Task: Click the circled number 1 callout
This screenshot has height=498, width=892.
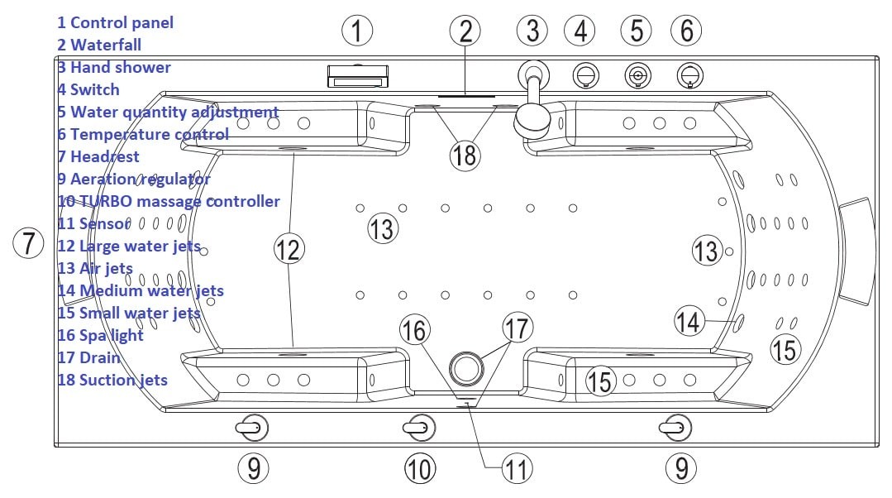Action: [x=357, y=31]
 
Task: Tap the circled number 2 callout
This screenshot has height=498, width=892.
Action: [x=465, y=31]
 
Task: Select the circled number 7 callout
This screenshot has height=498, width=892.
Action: [x=28, y=243]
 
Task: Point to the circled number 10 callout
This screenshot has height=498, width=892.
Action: [x=420, y=469]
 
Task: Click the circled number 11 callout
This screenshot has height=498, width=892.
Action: [x=518, y=470]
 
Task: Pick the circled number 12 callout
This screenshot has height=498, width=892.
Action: [x=289, y=249]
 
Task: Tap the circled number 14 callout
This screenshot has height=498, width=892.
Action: [x=689, y=321]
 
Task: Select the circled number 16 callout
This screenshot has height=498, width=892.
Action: [x=415, y=329]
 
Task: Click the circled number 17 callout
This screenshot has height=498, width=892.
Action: [x=518, y=328]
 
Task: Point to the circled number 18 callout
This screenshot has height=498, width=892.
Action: [x=465, y=155]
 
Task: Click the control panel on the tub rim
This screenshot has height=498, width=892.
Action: [x=358, y=76]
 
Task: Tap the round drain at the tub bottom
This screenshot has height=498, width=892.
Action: [x=466, y=368]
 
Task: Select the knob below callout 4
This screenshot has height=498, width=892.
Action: [x=585, y=75]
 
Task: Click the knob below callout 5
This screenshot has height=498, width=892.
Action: [x=637, y=75]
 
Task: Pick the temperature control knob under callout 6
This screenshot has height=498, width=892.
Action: [x=690, y=75]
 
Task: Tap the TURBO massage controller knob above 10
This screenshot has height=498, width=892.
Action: [x=419, y=428]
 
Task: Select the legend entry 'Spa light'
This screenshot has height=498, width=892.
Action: [x=111, y=336]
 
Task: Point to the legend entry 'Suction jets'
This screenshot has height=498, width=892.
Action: [x=123, y=380]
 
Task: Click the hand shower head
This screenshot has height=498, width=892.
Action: [x=532, y=122]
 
